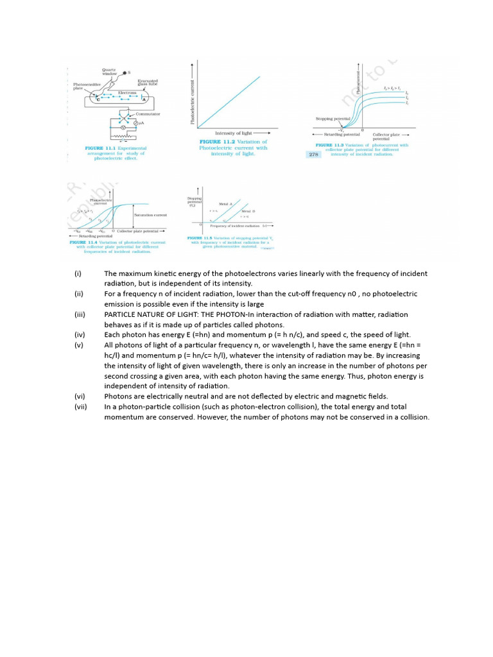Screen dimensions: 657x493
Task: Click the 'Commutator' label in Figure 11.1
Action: (x=148, y=114)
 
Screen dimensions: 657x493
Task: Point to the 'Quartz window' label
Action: (x=110, y=72)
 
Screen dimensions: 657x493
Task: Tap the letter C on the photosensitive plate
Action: (x=98, y=99)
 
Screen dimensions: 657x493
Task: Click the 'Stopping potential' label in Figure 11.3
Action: (x=332, y=119)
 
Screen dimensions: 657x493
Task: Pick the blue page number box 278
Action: (x=314, y=154)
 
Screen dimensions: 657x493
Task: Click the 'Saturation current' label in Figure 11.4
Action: (x=150, y=215)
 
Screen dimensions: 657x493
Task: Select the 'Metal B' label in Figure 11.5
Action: (x=248, y=210)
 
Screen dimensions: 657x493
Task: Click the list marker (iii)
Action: (x=80, y=314)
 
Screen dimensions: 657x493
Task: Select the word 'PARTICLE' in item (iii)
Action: (x=121, y=314)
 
